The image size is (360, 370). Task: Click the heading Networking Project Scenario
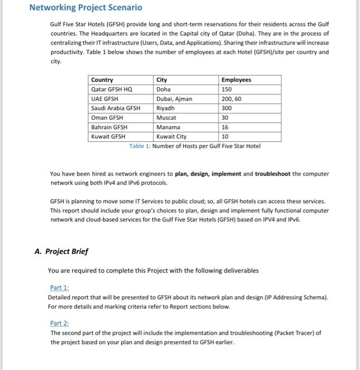pyautogui.click(x=85, y=8)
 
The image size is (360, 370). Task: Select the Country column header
pyautogui.click(x=102, y=80)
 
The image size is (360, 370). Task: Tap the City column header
pyautogui.click(x=162, y=80)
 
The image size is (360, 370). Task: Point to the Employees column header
pyautogui.click(x=237, y=80)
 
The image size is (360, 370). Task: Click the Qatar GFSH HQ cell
pyautogui.click(x=112, y=89)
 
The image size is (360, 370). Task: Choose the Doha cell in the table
pyautogui.click(x=164, y=89)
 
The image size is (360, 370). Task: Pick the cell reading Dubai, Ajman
pyautogui.click(x=174, y=99)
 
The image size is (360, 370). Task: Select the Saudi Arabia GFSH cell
pyautogui.click(x=116, y=108)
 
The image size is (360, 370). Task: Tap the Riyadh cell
pyautogui.click(x=165, y=108)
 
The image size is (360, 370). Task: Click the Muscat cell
pyautogui.click(x=167, y=118)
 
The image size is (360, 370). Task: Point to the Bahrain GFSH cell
pyautogui.click(x=109, y=127)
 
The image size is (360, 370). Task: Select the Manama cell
pyautogui.click(x=168, y=127)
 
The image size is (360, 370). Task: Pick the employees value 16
pyautogui.click(x=226, y=127)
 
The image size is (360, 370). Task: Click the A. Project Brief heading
pyautogui.click(x=61, y=251)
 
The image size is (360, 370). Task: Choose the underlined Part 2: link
pyautogui.click(x=60, y=323)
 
